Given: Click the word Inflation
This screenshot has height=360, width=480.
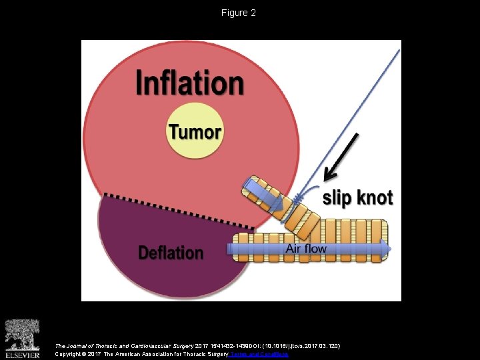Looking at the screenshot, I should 189,84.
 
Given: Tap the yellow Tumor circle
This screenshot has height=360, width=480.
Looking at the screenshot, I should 195,131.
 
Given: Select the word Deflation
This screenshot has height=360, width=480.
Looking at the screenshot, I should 171,253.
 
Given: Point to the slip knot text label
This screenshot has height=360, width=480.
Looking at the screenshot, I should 357,197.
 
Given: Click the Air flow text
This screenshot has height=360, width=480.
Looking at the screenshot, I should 306,249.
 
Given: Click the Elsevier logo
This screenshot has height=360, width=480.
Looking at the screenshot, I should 23,339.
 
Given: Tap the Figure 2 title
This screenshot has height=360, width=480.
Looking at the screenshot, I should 239,13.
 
